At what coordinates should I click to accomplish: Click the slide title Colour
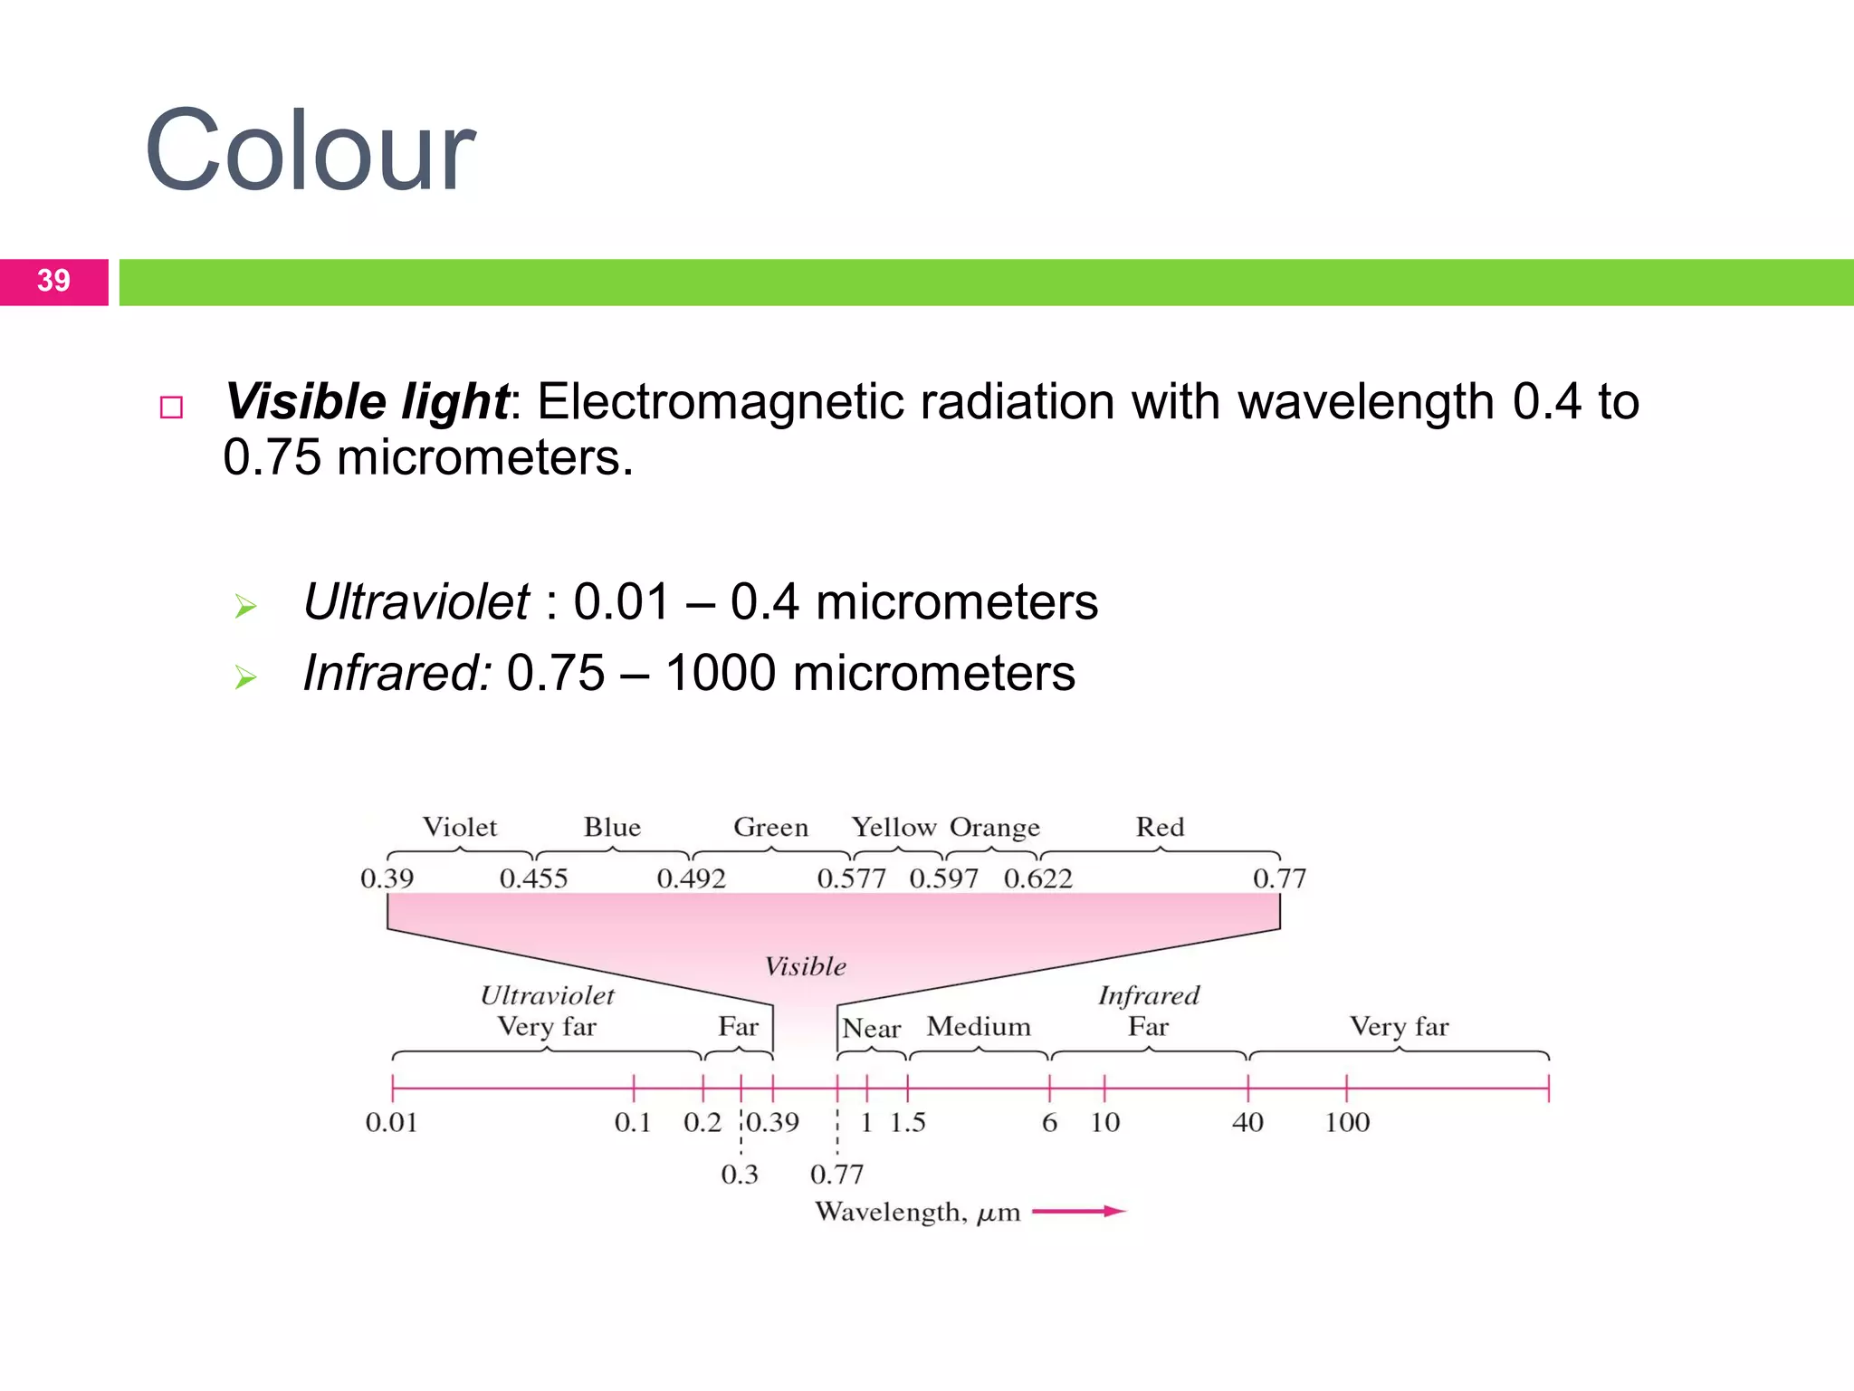coord(310,150)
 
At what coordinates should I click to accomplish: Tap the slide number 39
coord(53,281)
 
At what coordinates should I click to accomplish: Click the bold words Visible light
coord(367,401)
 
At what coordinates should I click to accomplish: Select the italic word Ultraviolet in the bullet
coord(416,602)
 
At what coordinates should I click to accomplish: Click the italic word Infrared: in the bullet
coord(397,673)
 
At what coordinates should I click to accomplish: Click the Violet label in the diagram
coord(460,827)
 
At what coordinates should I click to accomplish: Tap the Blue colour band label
coord(612,827)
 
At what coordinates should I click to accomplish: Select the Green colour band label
coord(770,827)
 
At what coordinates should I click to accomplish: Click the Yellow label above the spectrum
coord(894,827)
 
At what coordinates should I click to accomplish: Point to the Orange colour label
coord(995,828)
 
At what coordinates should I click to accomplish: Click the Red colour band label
coord(1160,827)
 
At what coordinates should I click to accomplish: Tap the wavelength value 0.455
coord(533,878)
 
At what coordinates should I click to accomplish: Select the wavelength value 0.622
coord(1037,878)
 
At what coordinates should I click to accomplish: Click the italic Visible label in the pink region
coord(806,966)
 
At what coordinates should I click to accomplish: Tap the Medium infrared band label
coord(979,1026)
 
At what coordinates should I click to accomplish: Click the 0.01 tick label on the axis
coord(391,1123)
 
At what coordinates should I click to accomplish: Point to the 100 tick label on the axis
coord(1347,1123)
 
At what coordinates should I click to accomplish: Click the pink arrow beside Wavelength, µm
coord(1078,1212)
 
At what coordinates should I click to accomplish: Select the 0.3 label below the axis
coord(739,1175)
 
